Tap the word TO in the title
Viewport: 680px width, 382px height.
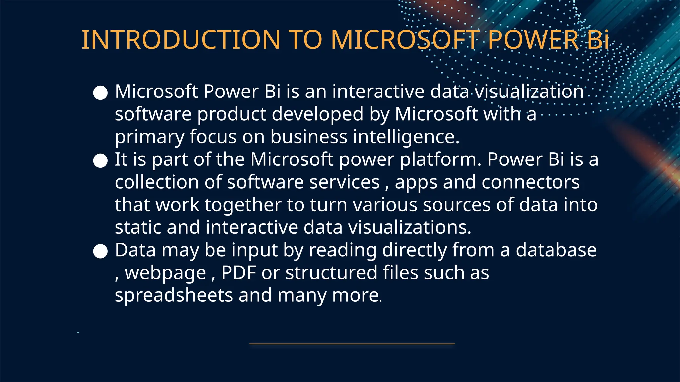[x=306, y=40]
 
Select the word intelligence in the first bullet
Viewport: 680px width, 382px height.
[x=406, y=137]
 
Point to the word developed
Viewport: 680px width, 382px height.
[x=317, y=114]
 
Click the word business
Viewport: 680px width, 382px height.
[x=308, y=137]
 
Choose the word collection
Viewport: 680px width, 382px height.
[x=157, y=182]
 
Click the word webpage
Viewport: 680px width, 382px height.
[x=165, y=273]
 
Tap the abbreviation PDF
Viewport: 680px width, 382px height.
[x=239, y=273]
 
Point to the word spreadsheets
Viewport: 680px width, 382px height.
[x=174, y=295]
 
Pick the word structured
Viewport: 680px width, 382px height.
[x=331, y=273]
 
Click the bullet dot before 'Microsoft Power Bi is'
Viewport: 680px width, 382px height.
[x=100, y=93]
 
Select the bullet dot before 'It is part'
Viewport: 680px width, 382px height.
[x=100, y=161]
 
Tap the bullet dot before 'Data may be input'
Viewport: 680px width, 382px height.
[x=100, y=252]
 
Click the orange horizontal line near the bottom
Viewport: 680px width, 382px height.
[x=352, y=344]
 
